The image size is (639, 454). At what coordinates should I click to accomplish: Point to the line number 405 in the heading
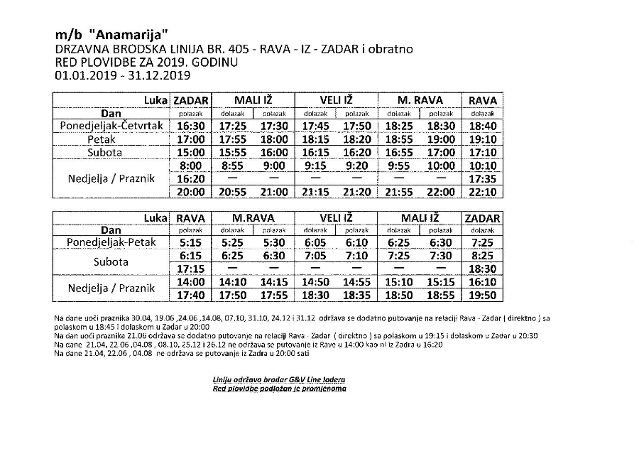pos(235,50)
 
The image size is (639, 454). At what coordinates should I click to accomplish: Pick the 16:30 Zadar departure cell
pos(190,126)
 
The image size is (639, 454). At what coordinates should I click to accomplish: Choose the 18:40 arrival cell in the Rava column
pos(482,126)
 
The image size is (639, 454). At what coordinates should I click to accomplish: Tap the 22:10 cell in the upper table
pos(482,192)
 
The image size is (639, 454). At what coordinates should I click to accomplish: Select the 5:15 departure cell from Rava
pos(190,243)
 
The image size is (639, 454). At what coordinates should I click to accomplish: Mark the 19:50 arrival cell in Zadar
pos(482,296)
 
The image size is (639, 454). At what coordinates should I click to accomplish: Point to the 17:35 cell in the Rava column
pos(482,179)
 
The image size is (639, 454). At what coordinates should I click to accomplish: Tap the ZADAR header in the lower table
pos(482,218)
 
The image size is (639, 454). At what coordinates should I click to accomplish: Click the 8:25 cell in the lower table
pos(482,256)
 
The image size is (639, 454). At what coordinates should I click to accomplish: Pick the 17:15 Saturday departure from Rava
pos(190,269)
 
